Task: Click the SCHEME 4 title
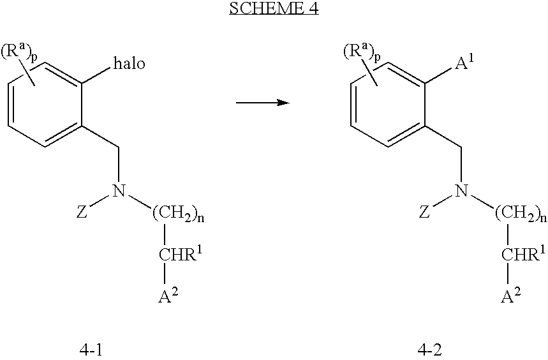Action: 274,8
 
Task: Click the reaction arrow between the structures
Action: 263,103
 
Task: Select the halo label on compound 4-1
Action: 129,64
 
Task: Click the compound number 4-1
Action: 92,350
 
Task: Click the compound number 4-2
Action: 429,350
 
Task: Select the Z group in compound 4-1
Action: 82,212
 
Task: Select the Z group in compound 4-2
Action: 424,212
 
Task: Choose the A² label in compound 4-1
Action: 169,296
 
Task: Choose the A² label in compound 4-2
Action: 511,296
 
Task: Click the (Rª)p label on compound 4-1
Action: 19,52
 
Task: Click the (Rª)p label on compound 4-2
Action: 361,52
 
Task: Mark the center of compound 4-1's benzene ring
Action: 45,104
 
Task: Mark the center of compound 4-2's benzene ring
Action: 388,104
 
